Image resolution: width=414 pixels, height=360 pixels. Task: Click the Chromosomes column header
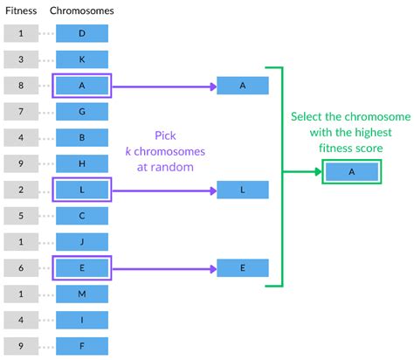[x=81, y=11]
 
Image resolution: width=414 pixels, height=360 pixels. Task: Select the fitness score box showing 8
[x=20, y=86]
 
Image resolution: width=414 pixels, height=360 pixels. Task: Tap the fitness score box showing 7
[x=20, y=111]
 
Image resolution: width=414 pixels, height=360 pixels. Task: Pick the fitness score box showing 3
[x=20, y=59]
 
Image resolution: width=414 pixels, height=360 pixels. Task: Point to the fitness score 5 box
[x=20, y=216]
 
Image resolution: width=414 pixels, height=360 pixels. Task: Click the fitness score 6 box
[x=20, y=268]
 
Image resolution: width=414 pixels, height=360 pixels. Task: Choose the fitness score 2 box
[x=20, y=190]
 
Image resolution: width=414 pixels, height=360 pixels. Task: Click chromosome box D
[x=82, y=33]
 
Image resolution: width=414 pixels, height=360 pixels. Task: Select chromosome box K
[x=82, y=59]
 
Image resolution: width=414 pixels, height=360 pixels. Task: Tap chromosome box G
[x=82, y=111]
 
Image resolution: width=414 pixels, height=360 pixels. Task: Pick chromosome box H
[x=82, y=163]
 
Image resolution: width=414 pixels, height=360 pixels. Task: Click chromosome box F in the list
[x=82, y=346]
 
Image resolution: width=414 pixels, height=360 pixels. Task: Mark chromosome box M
[x=82, y=294]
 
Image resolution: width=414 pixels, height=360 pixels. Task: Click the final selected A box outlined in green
[x=351, y=172]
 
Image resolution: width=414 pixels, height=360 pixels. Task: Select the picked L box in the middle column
[x=243, y=190]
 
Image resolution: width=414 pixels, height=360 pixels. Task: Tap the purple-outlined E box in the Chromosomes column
[x=82, y=268]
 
